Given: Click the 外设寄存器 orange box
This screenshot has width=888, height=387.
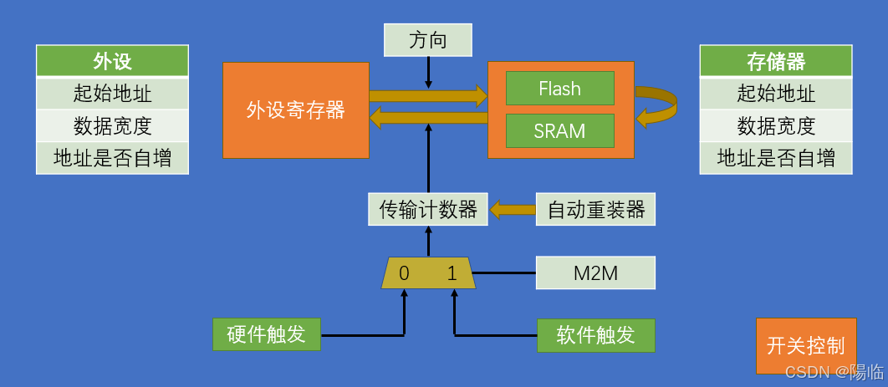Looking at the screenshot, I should [295, 109].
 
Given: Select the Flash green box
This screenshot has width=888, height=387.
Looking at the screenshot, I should [559, 89].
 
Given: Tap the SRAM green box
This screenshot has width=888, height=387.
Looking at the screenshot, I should [559, 131].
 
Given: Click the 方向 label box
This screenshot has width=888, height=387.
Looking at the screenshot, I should [428, 40].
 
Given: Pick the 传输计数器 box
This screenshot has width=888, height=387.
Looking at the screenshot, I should [428, 209].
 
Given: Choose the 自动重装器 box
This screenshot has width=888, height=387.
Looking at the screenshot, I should [595, 209].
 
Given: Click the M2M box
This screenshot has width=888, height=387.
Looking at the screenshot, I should [595, 272].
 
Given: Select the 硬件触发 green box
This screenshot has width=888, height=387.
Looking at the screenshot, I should [266, 335].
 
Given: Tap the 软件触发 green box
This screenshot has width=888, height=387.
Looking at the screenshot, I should [595, 335].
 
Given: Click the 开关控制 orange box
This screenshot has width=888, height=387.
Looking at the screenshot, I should [805, 346].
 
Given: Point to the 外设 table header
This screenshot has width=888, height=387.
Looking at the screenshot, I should [112, 61].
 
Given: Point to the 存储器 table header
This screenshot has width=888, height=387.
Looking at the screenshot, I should [776, 61].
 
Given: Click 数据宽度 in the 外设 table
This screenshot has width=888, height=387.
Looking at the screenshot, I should [112, 125].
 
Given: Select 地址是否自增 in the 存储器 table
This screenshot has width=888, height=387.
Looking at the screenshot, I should [776, 158].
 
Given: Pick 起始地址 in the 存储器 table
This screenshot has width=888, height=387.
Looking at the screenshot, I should [776, 93].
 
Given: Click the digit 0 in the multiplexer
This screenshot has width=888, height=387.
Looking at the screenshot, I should [404, 273].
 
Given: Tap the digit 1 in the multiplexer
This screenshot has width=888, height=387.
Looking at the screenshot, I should [452, 273].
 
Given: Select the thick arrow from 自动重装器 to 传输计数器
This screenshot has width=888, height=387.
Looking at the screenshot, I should [512, 209].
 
